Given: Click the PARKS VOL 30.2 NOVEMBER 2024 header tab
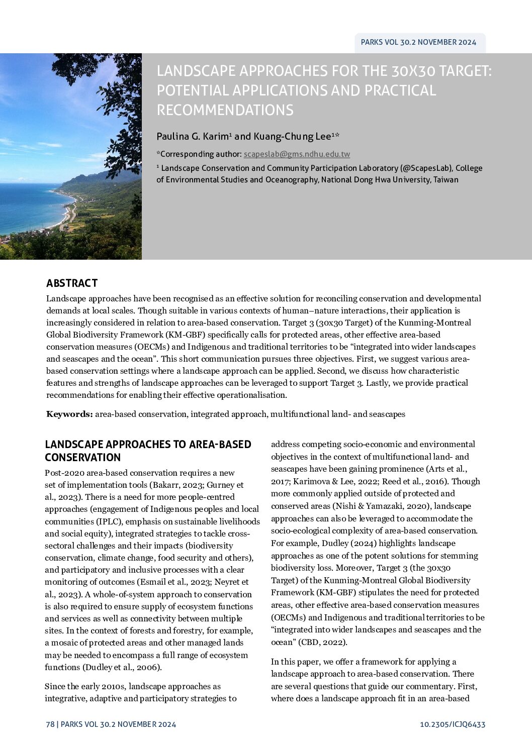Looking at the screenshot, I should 418,42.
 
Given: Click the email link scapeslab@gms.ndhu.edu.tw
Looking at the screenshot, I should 297,154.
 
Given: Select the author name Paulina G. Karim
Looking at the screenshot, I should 193,137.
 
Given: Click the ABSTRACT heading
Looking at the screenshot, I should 72,283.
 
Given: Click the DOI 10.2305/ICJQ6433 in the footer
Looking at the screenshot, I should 453,724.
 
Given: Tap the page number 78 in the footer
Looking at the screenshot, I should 50,724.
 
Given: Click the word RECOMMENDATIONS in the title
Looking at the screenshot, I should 225,110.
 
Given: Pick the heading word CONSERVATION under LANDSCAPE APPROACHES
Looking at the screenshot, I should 83,458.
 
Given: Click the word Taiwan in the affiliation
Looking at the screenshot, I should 446,180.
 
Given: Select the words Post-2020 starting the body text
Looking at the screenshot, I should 64,473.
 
